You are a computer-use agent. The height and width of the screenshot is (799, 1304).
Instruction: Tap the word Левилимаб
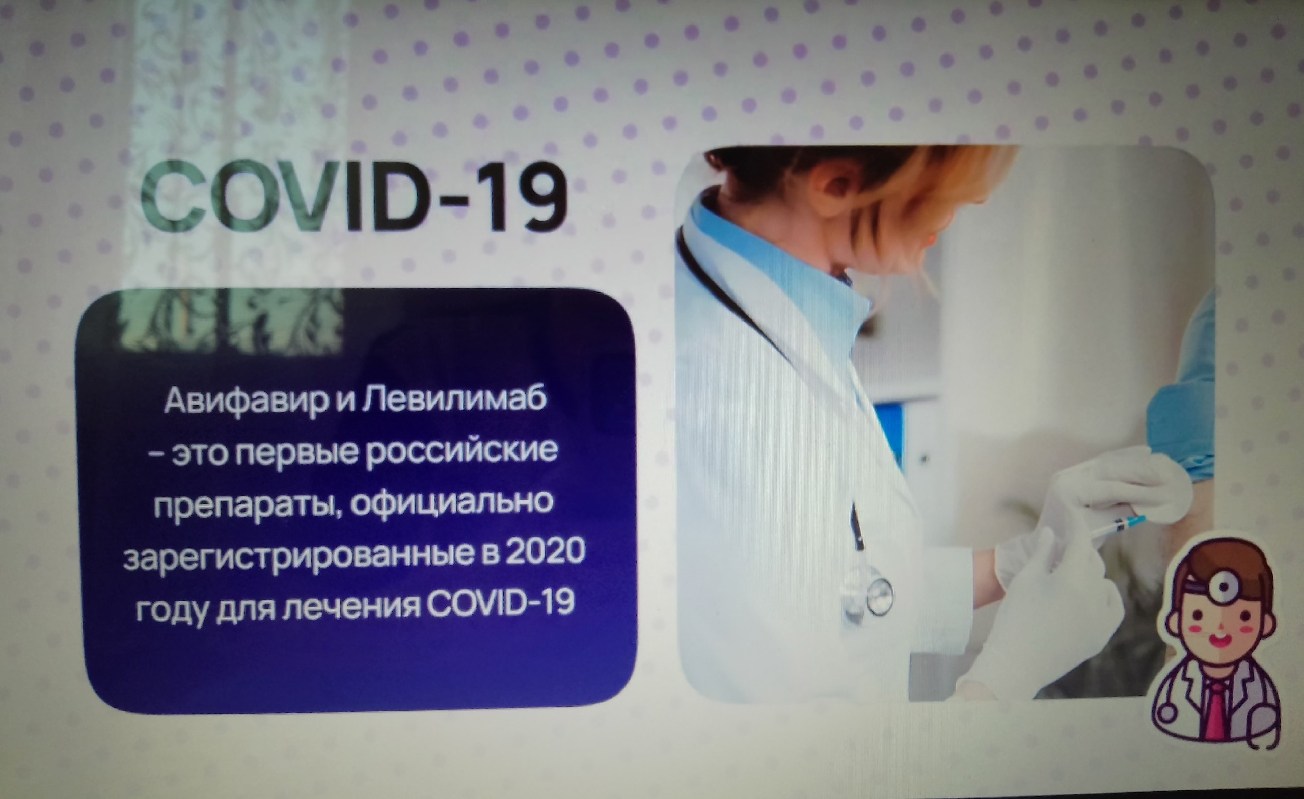pyautogui.click(x=454, y=400)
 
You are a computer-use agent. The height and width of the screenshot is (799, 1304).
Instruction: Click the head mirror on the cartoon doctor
pyautogui.click(x=1224, y=585)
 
